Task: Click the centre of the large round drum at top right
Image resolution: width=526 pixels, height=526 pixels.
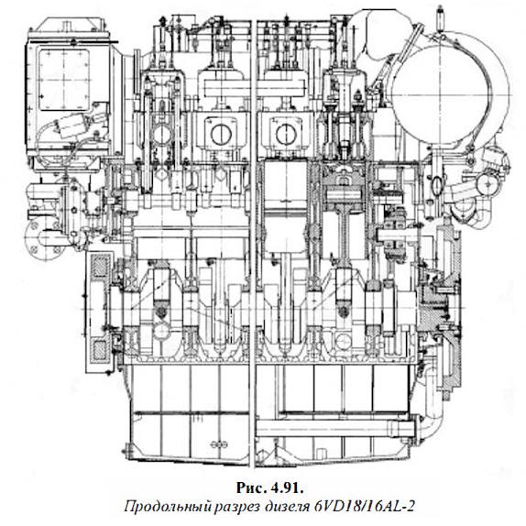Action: [451, 93]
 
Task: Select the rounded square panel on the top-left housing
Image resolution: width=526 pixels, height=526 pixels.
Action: [64, 80]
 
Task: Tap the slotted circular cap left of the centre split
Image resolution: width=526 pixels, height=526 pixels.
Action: [221, 134]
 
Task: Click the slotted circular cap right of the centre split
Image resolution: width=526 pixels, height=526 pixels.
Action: [286, 134]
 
